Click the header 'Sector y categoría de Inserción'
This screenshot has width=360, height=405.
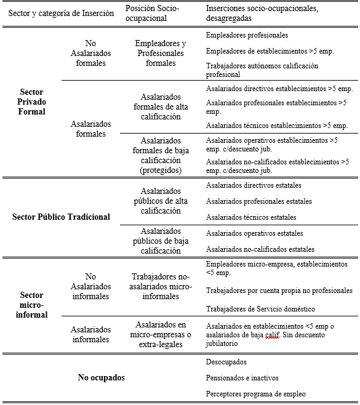(61, 14)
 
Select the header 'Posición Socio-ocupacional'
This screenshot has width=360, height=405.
(156, 14)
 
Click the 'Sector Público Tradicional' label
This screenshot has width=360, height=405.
(61, 217)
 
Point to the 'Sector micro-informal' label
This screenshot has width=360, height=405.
(32, 305)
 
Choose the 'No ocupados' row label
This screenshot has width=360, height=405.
(101, 377)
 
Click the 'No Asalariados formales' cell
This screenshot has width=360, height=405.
(91, 54)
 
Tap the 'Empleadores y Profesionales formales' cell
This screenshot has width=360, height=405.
(161, 54)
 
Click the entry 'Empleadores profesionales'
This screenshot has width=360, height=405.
(247, 36)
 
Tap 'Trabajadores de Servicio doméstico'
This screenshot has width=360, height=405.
(260, 308)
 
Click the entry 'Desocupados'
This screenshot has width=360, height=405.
(226, 362)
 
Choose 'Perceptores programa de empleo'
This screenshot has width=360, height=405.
(255, 394)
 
